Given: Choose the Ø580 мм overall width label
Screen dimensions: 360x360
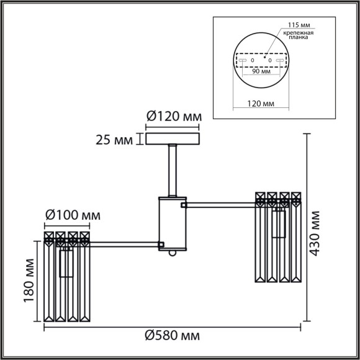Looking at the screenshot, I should tap(173, 336).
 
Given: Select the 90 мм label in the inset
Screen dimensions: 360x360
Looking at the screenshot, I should tap(261, 71).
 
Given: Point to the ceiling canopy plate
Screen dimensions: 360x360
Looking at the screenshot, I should tap(173, 138).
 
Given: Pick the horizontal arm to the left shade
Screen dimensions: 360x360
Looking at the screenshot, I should tap(124, 243).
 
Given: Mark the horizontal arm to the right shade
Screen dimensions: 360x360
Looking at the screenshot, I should tap(220, 203).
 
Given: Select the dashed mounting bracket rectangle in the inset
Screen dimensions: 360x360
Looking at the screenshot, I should tap(261, 60).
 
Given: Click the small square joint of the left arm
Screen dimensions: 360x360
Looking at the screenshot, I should tap(161, 245).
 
